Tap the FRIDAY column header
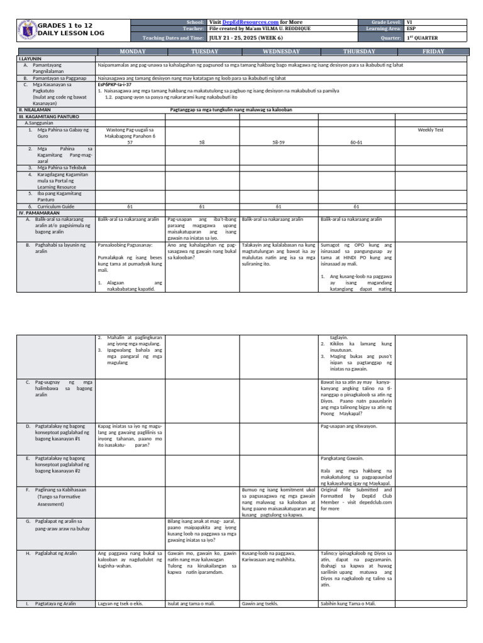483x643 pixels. (433, 51)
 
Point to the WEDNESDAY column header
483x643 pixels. (279, 51)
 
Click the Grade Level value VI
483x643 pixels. (410, 22)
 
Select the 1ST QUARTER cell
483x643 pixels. (420, 38)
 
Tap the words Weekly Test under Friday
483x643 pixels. (431, 130)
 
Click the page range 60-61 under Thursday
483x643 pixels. (357, 143)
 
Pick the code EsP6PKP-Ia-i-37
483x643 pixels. (114, 84)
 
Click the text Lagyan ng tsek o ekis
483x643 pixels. (121, 603)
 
